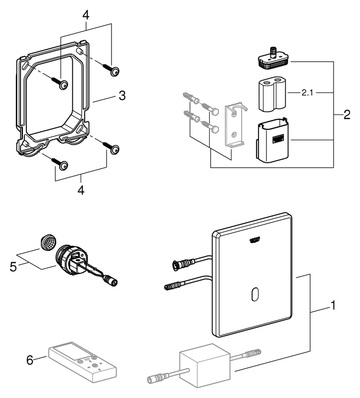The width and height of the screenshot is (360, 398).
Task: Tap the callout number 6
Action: click(30, 359)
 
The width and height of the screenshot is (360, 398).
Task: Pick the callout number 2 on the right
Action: click(347, 115)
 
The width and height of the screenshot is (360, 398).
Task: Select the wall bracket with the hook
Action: click(234, 125)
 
